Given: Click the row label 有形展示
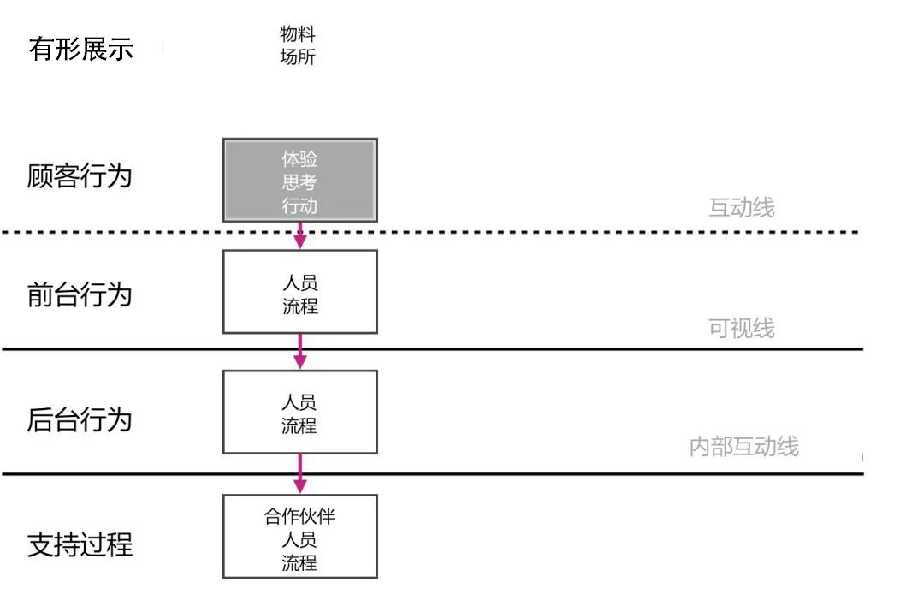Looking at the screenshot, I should click(x=81, y=49).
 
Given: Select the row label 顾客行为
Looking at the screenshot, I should click(x=80, y=176).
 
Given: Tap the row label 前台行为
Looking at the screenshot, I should click(x=80, y=294).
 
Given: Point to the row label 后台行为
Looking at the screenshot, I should click(x=80, y=420).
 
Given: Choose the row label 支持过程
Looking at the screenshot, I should click(x=80, y=544).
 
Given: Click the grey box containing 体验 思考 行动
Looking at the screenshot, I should click(x=299, y=180).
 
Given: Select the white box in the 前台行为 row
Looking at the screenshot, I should click(x=299, y=291).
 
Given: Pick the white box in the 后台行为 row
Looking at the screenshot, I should click(x=299, y=412).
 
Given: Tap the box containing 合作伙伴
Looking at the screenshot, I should click(x=299, y=537).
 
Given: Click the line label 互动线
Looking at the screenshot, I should click(x=742, y=208).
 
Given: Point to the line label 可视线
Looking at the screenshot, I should click(x=742, y=329).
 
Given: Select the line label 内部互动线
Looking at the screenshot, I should click(x=743, y=447).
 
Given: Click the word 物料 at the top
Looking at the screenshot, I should click(x=298, y=34).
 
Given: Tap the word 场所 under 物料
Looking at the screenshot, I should click(x=298, y=57).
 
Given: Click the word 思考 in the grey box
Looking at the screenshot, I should click(x=299, y=181).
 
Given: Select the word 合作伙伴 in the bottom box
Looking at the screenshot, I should click(x=299, y=516).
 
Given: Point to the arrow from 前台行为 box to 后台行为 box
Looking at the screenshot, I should click(x=299, y=351).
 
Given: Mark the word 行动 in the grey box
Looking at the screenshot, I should click(x=299, y=205).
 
